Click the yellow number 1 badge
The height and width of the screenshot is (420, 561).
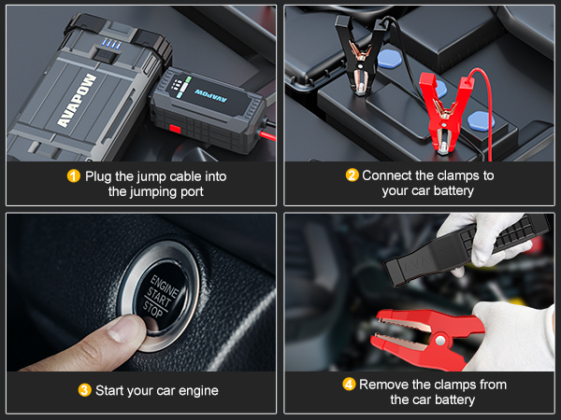coord(74,175)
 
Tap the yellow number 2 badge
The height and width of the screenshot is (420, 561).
coord(352,175)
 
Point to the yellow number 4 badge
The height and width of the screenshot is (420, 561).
coord(348,384)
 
